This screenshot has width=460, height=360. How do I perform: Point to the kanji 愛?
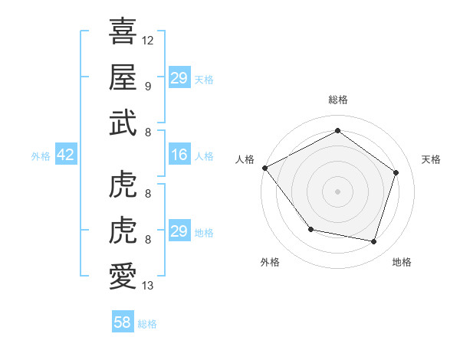point(123,276)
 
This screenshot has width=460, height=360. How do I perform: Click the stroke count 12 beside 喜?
point(148,40)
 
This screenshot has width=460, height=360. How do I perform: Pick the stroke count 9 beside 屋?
point(147,86)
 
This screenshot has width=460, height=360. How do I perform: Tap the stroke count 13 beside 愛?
point(148,286)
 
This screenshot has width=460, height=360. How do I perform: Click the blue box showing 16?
point(179,155)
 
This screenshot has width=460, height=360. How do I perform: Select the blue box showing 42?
point(66,155)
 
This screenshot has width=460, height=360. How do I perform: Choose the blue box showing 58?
point(123,322)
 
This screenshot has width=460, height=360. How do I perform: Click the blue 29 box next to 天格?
point(179,78)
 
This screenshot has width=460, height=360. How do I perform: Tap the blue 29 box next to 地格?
point(179,231)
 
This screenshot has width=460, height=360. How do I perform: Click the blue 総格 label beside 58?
point(147,324)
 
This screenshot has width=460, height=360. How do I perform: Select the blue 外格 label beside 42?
point(41,156)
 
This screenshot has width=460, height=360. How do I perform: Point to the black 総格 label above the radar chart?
point(337,100)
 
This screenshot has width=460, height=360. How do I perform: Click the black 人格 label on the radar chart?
point(245,159)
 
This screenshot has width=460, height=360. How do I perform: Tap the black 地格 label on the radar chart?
point(402,262)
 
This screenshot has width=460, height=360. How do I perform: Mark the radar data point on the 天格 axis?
point(396,172)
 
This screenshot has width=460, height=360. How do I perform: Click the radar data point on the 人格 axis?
point(264,168)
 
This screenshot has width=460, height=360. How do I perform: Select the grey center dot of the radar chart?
point(337,191)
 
